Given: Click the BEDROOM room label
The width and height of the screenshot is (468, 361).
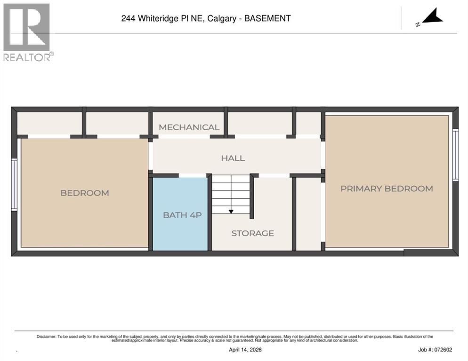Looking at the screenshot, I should (x=85, y=193).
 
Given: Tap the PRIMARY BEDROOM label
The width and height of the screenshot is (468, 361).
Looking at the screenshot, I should (x=387, y=188).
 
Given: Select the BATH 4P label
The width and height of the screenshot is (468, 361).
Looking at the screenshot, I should (x=182, y=215).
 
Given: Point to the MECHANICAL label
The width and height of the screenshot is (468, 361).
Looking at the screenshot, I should (x=189, y=127).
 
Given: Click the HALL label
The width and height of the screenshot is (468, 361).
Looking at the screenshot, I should (x=233, y=158).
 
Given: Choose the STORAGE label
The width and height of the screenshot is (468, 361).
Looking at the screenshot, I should (x=252, y=233).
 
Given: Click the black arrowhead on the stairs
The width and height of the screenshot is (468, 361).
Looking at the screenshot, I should (x=231, y=212).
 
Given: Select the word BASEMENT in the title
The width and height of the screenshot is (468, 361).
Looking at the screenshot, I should (x=267, y=19).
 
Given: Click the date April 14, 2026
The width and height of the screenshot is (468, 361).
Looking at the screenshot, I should (x=245, y=350).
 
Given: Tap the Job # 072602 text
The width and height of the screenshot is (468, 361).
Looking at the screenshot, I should (x=435, y=350).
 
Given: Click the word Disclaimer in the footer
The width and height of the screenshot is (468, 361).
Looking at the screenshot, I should (x=47, y=337).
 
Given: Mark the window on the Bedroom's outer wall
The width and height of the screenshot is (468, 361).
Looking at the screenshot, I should (x=14, y=184).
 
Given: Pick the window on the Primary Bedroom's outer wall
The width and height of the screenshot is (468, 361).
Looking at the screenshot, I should (x=455, y=155).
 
